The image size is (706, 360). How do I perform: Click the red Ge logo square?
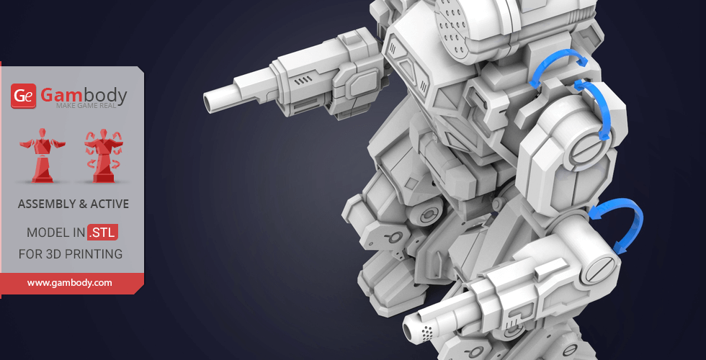[23, 96]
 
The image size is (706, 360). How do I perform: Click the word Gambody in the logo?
[84, 95]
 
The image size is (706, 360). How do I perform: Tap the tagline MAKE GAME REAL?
[86, 106]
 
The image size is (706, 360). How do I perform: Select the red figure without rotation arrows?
[43, 156]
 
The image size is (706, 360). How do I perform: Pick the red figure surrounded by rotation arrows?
[104, 156]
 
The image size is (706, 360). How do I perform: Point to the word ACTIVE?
[110, 204]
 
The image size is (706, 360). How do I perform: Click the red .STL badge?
[102, 233]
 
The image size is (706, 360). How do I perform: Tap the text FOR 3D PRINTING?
[71, 254]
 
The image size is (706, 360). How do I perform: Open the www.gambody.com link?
[69, 283]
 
